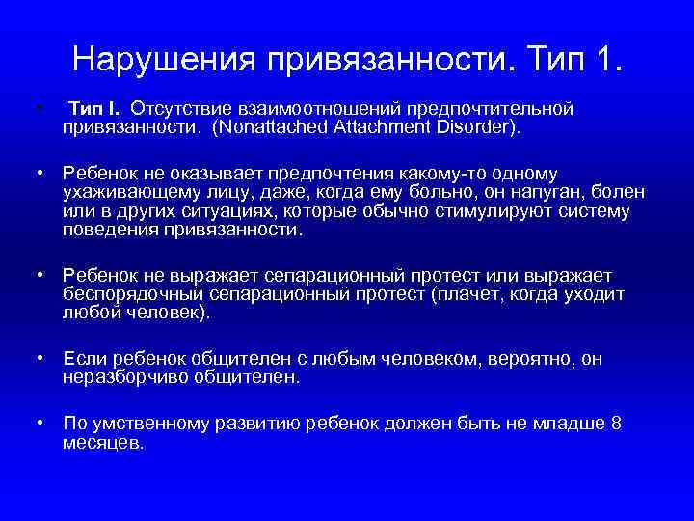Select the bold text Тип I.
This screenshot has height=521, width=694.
click(x=98, y=108)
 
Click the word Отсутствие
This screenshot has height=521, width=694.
click(x=179, y=108)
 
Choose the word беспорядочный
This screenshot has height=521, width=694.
click(x=126, y=295)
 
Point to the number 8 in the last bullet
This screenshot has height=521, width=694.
click(x=616, y=425)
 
